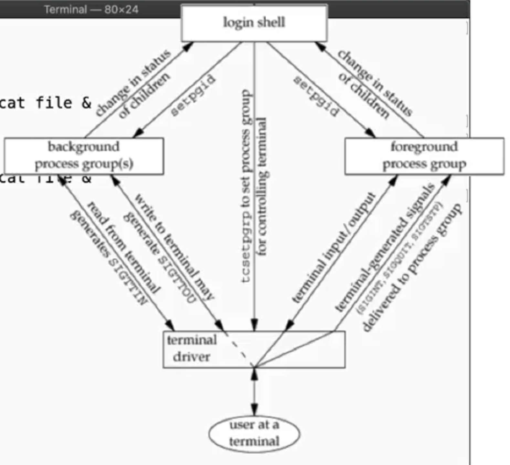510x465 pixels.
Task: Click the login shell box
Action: point(254,23)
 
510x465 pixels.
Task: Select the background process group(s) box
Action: point(84,156)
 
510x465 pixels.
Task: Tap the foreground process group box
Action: point(424,156)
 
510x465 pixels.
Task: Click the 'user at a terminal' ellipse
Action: point(254,433)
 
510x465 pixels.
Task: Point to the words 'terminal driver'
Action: point(192,349)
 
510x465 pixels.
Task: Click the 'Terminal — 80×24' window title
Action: point(91,9)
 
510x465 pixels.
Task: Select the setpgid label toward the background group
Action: point(193,95)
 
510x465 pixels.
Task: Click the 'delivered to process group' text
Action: point(412,268)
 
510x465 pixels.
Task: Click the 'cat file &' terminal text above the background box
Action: point(45,103)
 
